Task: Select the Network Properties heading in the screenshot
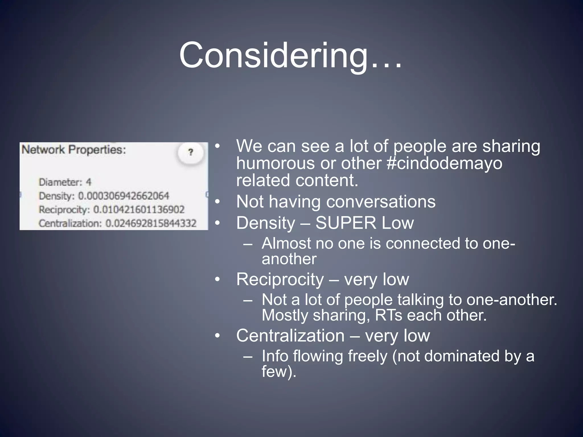coord(74,150)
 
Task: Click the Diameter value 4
coord(89,182)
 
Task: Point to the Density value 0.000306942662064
coord(124,196)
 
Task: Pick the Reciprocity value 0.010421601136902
coord(139,210)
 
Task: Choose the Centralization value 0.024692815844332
coord(151,223)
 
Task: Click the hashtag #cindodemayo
coord(445,163)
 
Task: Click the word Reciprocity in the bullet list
coord(280,279)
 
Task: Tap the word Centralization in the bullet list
coord(290,336)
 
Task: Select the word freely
coord(368,356)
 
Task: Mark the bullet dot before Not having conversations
coord(218,202)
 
